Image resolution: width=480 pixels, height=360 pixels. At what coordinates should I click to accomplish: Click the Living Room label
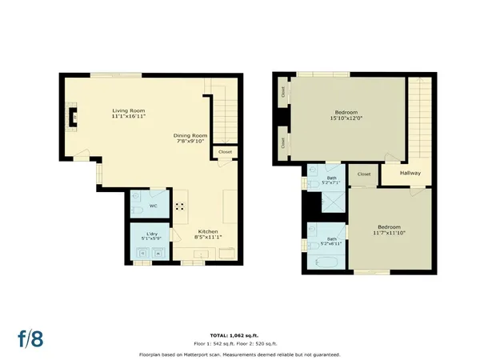(129, 114)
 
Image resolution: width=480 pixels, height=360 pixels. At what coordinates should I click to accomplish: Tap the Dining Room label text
(190, 138)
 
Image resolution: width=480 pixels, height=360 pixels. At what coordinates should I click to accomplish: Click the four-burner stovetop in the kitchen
(180, 206)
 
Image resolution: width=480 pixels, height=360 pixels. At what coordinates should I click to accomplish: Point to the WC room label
(153, 206)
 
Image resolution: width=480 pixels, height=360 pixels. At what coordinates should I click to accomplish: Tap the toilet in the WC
(138, 195)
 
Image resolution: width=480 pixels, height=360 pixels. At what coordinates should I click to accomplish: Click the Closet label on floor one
(225, 150)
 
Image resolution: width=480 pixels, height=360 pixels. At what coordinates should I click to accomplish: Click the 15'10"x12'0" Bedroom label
(346, 115)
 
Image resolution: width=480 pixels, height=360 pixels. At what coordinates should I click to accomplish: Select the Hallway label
(410, 173)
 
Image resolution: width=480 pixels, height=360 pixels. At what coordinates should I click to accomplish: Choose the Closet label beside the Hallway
(364, 174)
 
